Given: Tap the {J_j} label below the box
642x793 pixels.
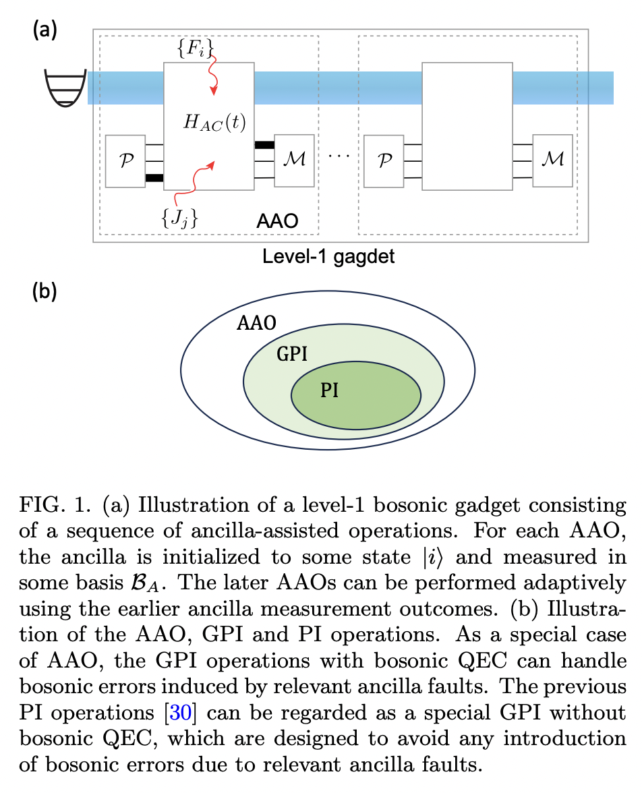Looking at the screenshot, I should (x=179, y=216).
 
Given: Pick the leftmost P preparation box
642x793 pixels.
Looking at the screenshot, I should (x=125, y=160).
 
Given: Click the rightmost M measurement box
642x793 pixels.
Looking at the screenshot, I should (x=552, y=160).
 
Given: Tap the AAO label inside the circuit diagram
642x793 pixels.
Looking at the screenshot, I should (x=277, y=221).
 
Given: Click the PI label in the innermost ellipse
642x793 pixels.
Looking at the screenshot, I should (x=329, y=390).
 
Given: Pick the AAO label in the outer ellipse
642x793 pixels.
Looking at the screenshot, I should (x=256, y=323).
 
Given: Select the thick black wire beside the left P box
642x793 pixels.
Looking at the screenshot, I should (x=154, y=178).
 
